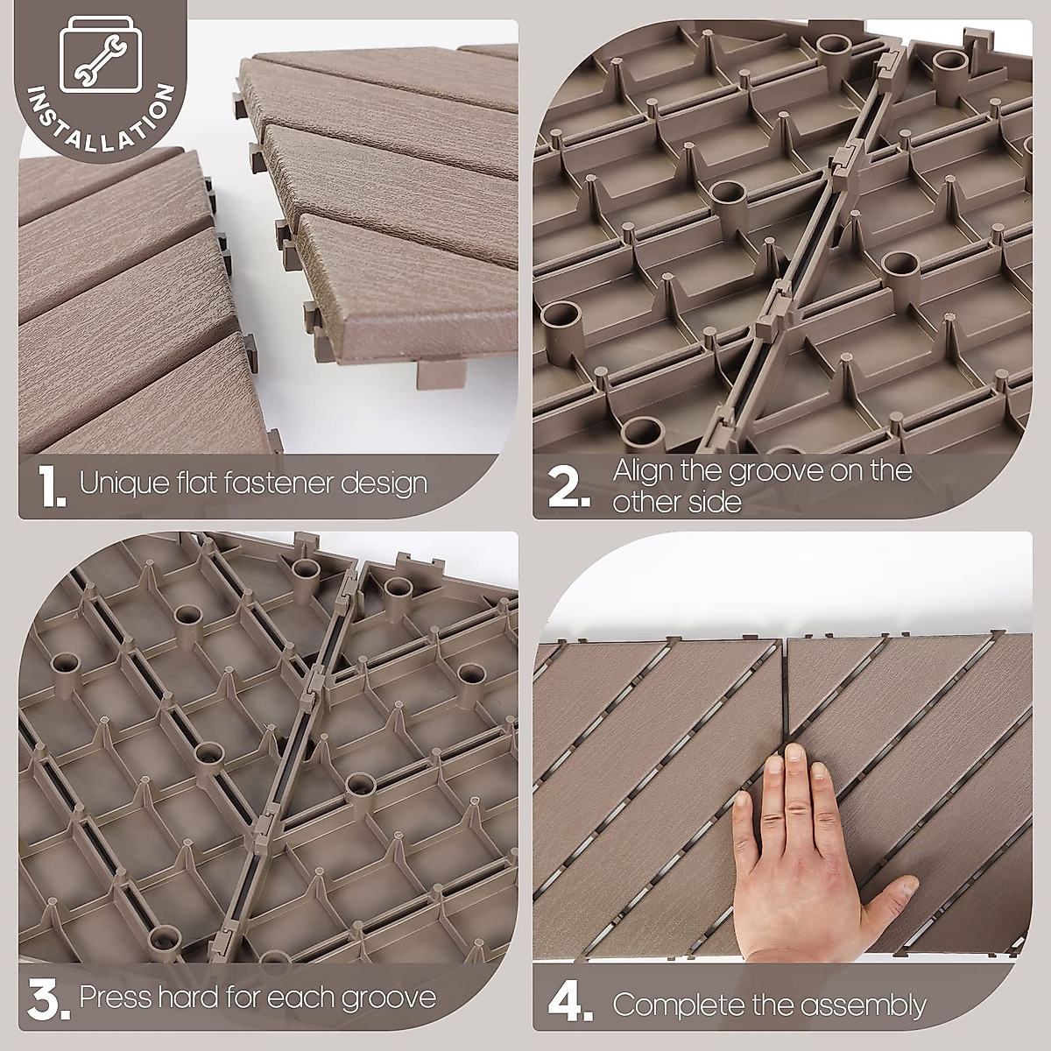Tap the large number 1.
point(52,488)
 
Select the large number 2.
point(569,488)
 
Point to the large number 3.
point(49,1001)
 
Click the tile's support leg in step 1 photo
point(438,375)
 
